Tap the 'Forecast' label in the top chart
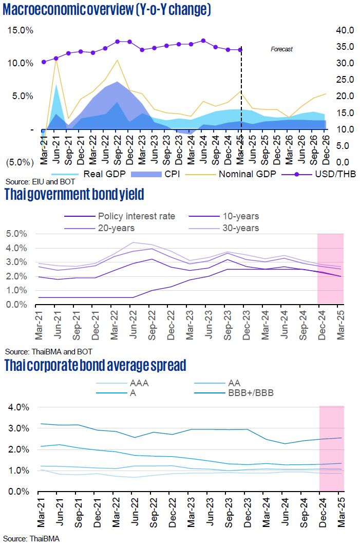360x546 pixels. click(281, 49)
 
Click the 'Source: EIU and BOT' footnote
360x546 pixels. click(33, 182)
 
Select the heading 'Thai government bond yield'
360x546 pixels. click(74, 195)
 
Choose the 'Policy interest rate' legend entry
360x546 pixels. click(136, 216)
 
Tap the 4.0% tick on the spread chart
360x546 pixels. click(20, 407)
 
